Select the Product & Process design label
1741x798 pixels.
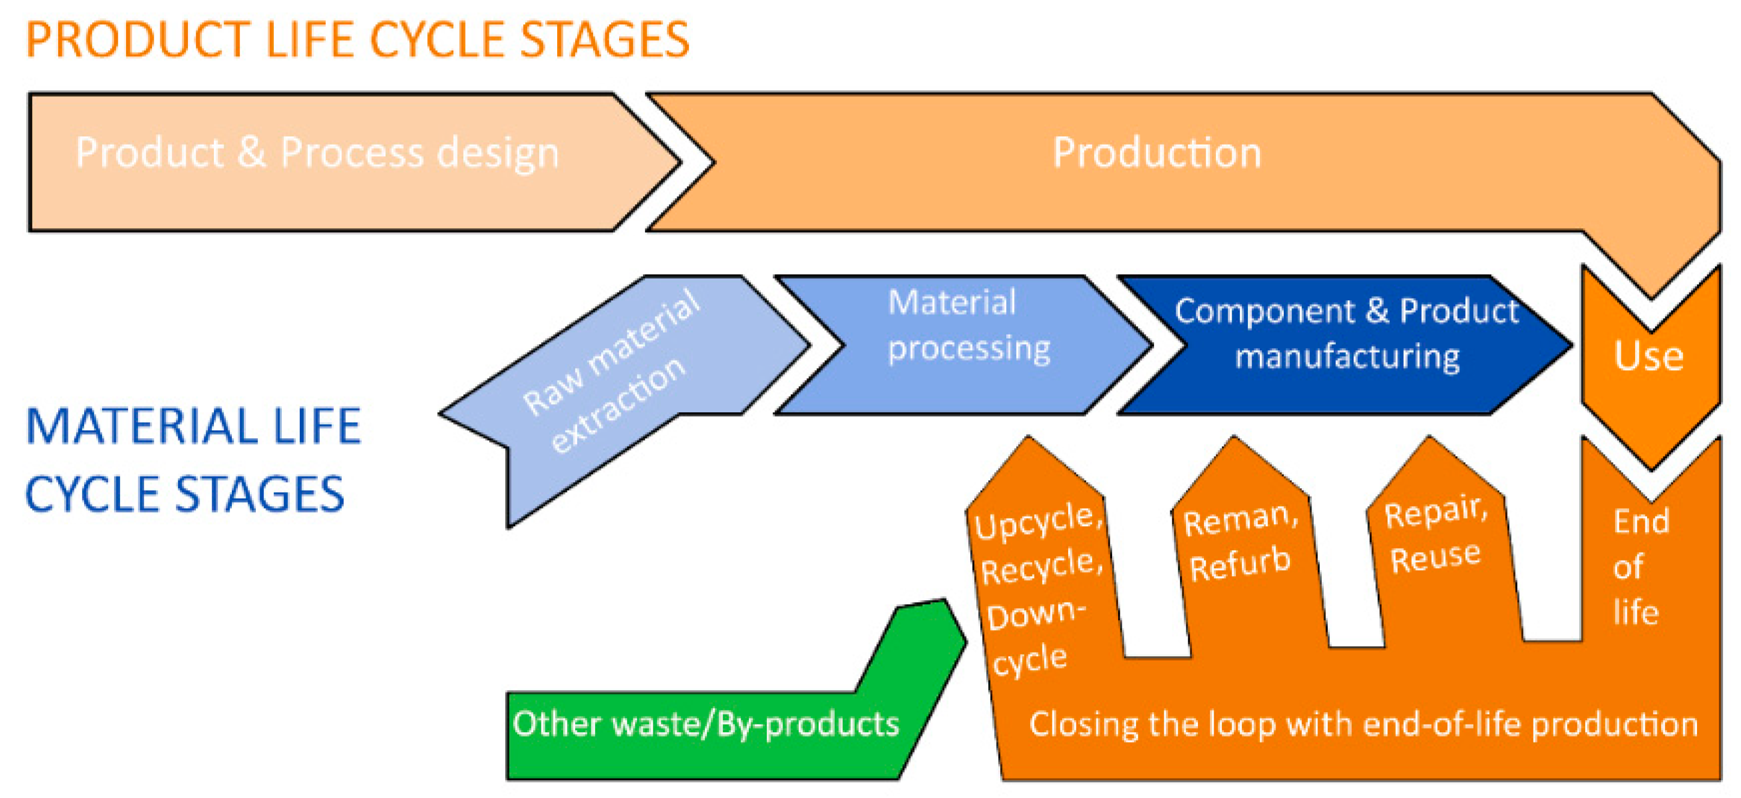(x=317, y=153)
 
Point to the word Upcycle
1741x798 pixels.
(x=1037, y=522)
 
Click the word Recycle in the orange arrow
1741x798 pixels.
(x=1041, y=567)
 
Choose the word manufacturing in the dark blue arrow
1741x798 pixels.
(x=1347, y=357)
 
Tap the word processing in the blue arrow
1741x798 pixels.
(x=968, y=349)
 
